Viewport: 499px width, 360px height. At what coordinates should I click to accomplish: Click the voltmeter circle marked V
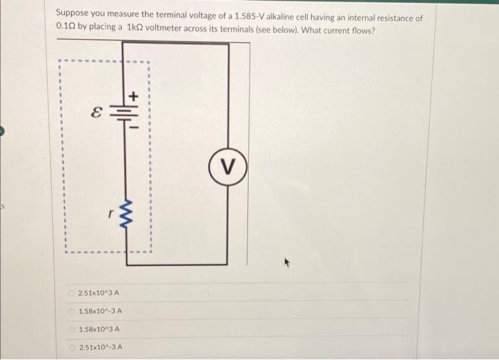pyautogui.click(x=227, y=168)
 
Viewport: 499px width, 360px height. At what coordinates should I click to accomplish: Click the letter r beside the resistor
pyautogui.click(x=111, y=212)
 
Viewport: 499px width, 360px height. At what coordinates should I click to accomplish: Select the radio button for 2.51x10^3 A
pyautogui.click(x=71, y=293)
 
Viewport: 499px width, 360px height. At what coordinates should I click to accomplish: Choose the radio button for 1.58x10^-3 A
pyautogui.click(x=71, y=312)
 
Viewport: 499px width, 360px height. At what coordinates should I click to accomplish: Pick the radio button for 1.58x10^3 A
pyautogui.click(x=71, y=329)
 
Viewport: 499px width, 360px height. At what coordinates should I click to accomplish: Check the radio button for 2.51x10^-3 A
pyautogui.click(x=71, y=347)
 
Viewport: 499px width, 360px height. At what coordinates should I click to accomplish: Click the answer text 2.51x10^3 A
pyautogui.click(x=99, y=293)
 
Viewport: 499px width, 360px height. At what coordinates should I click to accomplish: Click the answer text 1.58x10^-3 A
pyautogui.click(x=101, y=312)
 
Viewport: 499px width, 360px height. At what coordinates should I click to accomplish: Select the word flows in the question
pyautogui.click(x=361, y=30)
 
